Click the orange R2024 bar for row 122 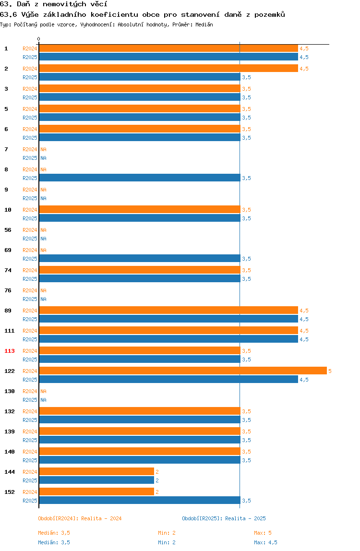click(x=183, y=371)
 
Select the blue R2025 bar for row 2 click(x=140, y=77)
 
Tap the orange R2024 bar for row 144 click(x=96, y=472)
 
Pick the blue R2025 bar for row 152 click(x=140, y=501)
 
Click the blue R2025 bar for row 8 click(x=140, y=178)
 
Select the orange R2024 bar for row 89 click(x=168, y=310)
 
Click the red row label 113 click(x=10, y=351)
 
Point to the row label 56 click(x=8, y=230)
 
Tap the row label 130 click(x=10, y=392)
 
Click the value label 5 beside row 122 click(x=330, y=371)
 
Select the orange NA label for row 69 click(x=43, y=250)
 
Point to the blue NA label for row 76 click(x=43, y=299)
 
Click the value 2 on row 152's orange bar click(x=157, y=492)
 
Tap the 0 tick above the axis click(x=39, y=39)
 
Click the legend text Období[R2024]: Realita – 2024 click(x=80, y=518)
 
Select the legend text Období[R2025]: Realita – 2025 click(x=224, y=518)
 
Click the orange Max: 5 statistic click(x=263, y=533)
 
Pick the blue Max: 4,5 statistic click(x=265, y=542)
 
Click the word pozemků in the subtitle click(x=270, y=15)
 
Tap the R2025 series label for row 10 click(x=30, y=218)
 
